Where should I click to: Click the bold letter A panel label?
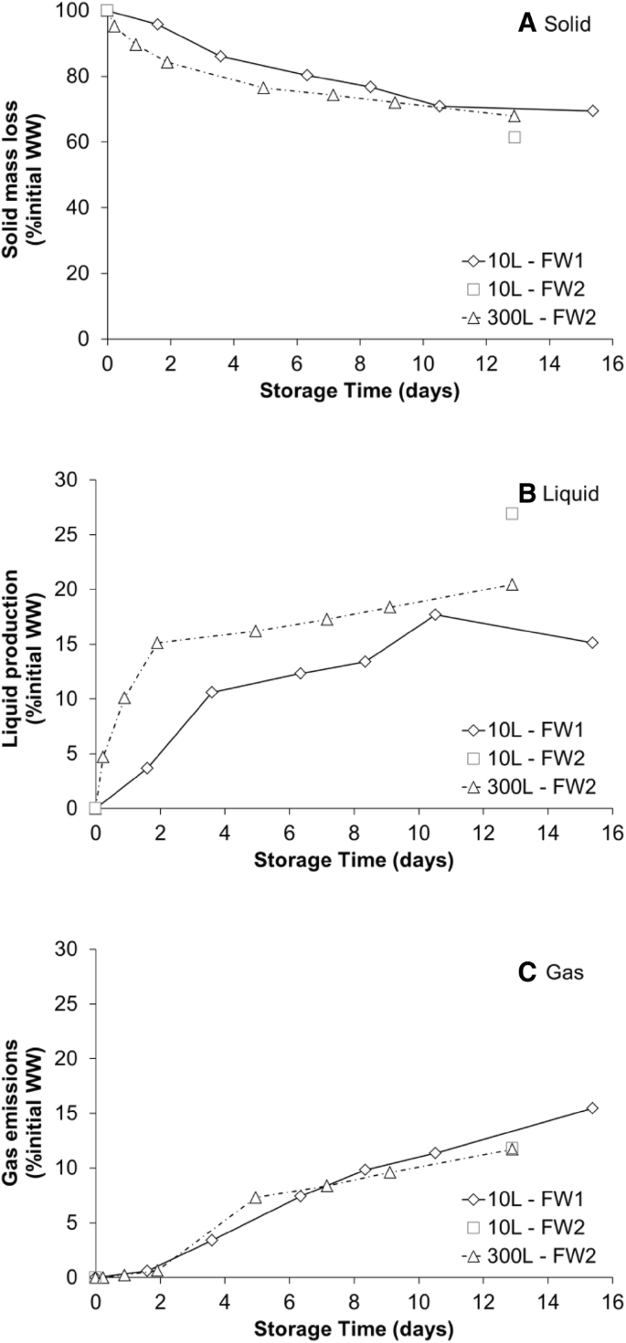[526, 25]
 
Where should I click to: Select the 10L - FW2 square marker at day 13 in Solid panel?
[515, 137]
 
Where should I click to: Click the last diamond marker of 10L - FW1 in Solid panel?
[593, 110]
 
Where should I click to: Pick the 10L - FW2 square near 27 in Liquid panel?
[512, 513]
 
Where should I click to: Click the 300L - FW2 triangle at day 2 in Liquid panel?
[157, 643]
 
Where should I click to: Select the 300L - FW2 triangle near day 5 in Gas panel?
[256, 1197]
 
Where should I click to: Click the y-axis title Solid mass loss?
[25, 173]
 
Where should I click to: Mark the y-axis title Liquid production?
[25, 644]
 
